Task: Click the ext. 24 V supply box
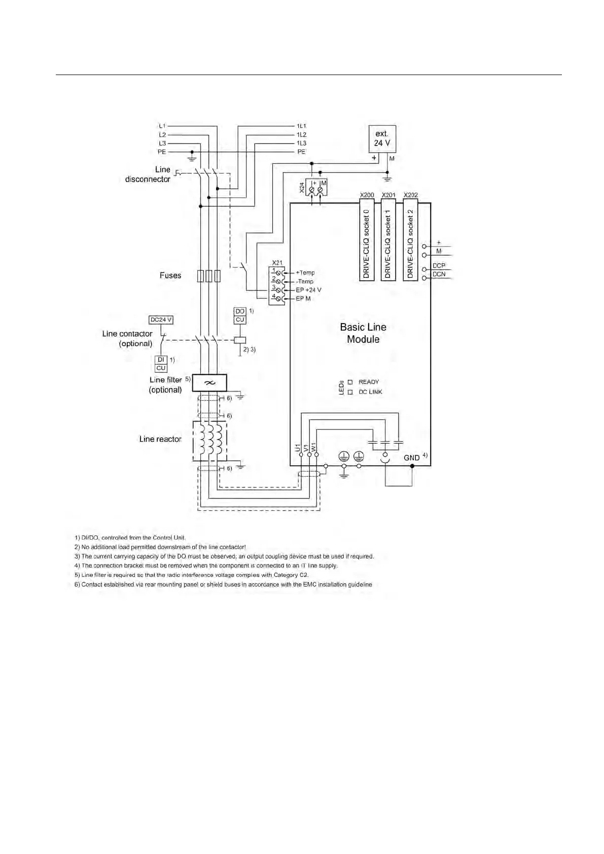382,138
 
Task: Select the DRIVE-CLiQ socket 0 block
367,240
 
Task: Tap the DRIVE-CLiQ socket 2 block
410,240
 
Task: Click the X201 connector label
388,195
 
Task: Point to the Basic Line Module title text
363,333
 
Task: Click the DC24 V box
161,320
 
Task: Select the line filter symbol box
209,383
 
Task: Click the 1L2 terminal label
301,135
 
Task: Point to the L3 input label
162,144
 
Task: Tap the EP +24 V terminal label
308,290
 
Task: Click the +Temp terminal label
305,273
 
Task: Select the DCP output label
439,266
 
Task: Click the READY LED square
350,382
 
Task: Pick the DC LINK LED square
350,392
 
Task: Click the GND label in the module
411,458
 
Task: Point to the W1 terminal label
314,448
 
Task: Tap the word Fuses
170,275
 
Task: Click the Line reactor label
160,439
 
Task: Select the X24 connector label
302,188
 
